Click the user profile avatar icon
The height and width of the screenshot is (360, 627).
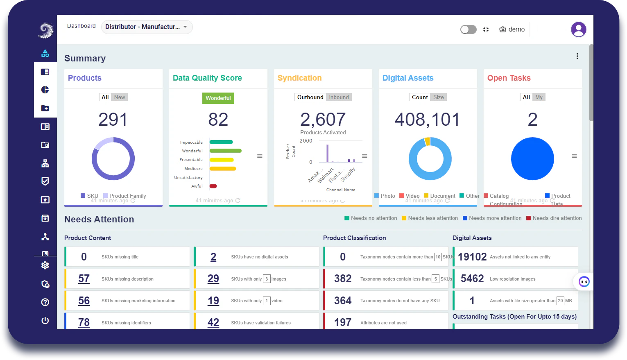point(578,29)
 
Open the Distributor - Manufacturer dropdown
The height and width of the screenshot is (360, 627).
point(147,27)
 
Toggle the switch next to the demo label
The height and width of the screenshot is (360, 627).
point(468,29)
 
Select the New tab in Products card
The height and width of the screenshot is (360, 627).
point(120,97)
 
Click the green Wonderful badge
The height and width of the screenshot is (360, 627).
point(218,98)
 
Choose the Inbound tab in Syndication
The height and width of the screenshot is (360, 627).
point(339,97)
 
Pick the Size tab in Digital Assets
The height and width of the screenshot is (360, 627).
point(438,97)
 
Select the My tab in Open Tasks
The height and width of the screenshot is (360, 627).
point(539,97)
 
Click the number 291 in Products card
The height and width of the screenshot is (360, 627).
point(113,120)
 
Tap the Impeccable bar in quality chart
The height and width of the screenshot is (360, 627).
point(221,142)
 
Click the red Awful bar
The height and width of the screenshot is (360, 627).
point(213,186)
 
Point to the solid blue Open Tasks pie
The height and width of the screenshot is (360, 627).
point(532,159)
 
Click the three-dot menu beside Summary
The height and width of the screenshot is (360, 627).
point(577,56)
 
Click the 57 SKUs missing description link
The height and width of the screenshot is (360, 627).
point(84,279)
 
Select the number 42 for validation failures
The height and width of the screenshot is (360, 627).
point(213,323)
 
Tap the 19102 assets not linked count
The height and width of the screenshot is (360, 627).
point(472,257)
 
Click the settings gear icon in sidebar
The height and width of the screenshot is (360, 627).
point(45,265)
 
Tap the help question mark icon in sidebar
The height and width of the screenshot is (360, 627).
point(45,302)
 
